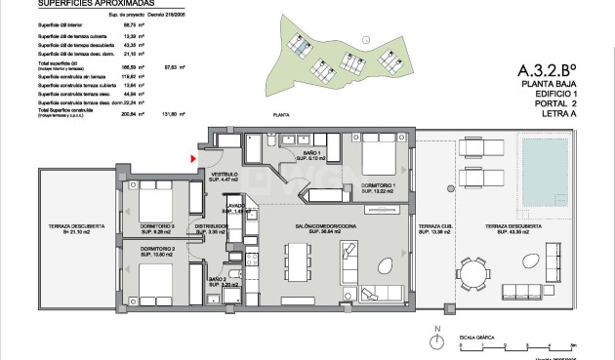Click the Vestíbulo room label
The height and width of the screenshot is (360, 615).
tap(225, 178)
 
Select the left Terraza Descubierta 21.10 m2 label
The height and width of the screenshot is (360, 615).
tap(67, 230)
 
